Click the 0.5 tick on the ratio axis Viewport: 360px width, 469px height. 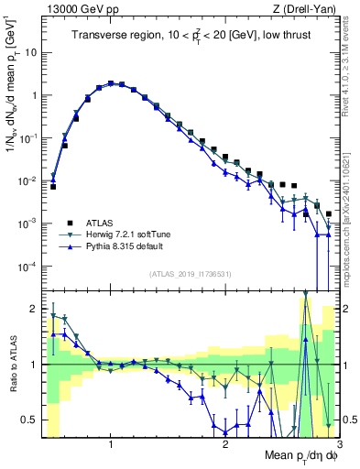(29, 420)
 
